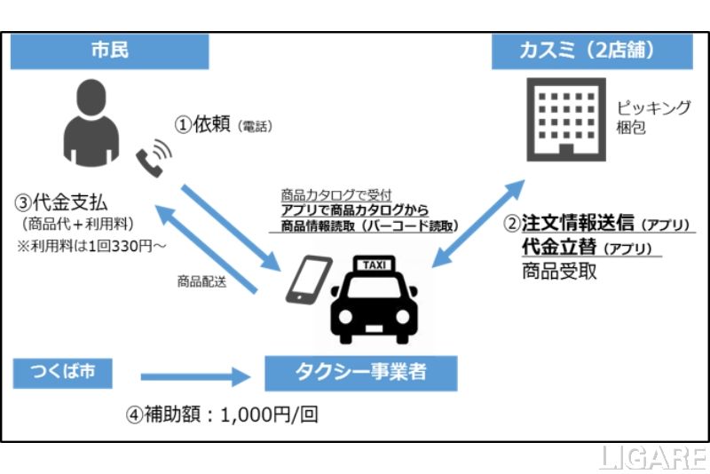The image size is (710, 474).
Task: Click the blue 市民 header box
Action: point(110,51)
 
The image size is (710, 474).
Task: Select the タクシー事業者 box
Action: point(361,373)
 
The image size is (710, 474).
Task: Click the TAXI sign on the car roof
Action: point(373,264)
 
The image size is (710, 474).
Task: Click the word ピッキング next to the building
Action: point(653,107)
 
